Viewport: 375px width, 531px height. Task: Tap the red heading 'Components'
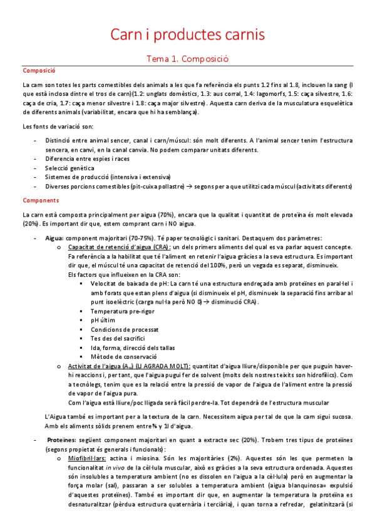tap(41, 200)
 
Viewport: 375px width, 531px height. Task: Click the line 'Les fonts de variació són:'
tap(57, 127)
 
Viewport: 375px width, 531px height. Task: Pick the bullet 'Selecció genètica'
tap(69, 168)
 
